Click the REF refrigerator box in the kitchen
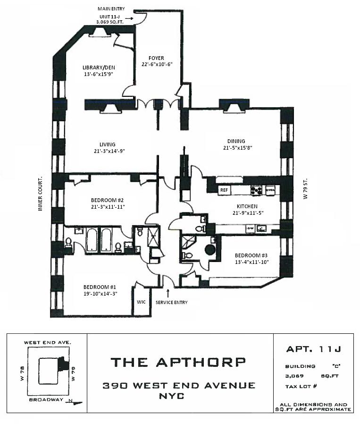(x=224, y=190)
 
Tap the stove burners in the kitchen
(x=256, y=190)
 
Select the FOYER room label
(x=156, y=58)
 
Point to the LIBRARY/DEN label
(x=99, y=68)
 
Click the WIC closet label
(x=141, y=302)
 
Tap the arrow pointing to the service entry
(x=168, y=293)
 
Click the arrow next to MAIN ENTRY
(x=129, y=18)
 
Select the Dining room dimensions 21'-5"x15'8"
(x=238, y=148)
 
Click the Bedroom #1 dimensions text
(x=100, y=294)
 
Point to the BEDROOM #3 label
(x=251, y=255)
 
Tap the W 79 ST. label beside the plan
(x=305, y=189)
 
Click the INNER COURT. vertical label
(x=41, y=194)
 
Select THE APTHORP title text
(x=178, y=362)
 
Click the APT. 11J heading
(x=313, y=349)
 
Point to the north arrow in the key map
(x=75, y=402)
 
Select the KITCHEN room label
(x=247, y=206)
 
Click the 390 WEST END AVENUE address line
(x=179, y=385)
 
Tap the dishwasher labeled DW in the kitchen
(x=250, y=229)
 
